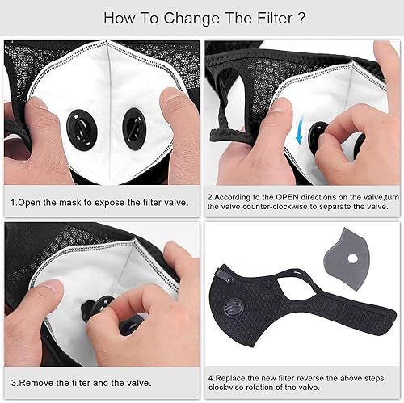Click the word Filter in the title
(275, 19)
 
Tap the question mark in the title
(301, 19)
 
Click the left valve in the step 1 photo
(82, 130)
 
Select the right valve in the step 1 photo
(134, 129)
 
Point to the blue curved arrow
(300, 130)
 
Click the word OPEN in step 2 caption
(287, 197)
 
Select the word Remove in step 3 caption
(34, 383)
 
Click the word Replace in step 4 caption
(230, 378)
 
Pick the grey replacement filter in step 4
(347, 258)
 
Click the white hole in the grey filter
(352, 259)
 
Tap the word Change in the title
(191, 19)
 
